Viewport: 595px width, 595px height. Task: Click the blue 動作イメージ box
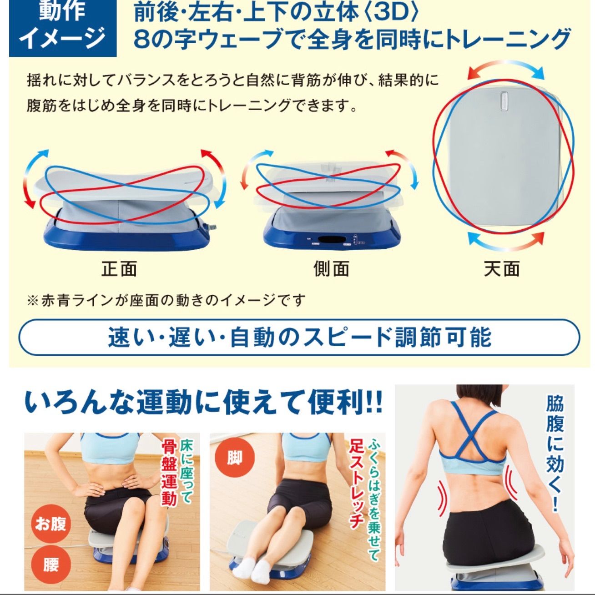[63, 28]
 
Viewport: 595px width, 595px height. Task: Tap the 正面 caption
[119, 269]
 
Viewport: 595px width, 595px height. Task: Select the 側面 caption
[331, 269]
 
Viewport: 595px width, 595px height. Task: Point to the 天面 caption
[502, 269]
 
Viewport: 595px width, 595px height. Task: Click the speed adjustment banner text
[299, 337]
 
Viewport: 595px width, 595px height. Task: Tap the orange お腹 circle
[50, 524]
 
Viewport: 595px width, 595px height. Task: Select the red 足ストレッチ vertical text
[356, 485]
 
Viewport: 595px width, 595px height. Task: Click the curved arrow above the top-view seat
[506, 67]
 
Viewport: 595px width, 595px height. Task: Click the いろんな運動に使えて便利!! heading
[203, 403]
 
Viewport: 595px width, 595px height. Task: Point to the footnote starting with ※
[166, 300]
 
